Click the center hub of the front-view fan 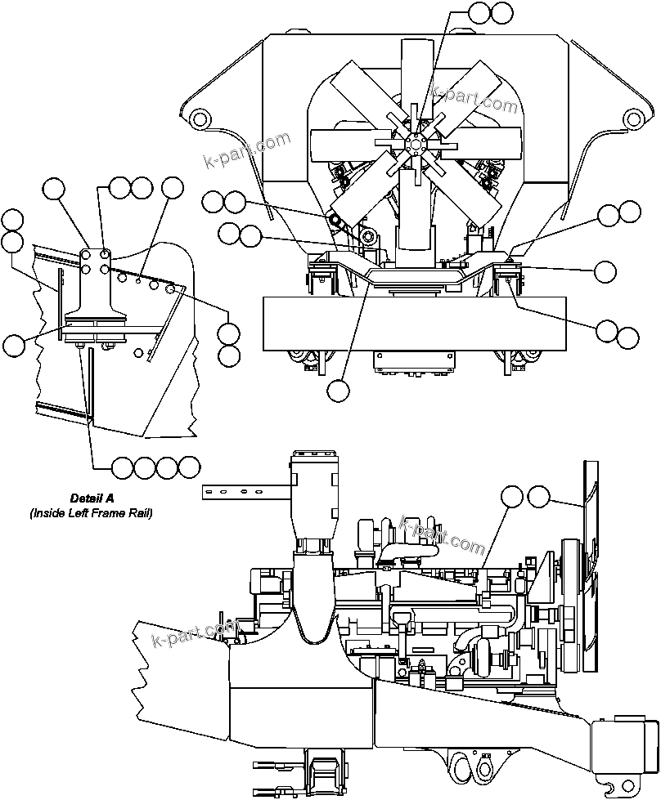pos(416,145)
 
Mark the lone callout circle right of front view pos(605,271)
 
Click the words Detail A pos(92,498)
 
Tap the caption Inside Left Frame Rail pos(92,513)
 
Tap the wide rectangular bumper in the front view pos(415,324)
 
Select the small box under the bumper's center pos(415,361)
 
